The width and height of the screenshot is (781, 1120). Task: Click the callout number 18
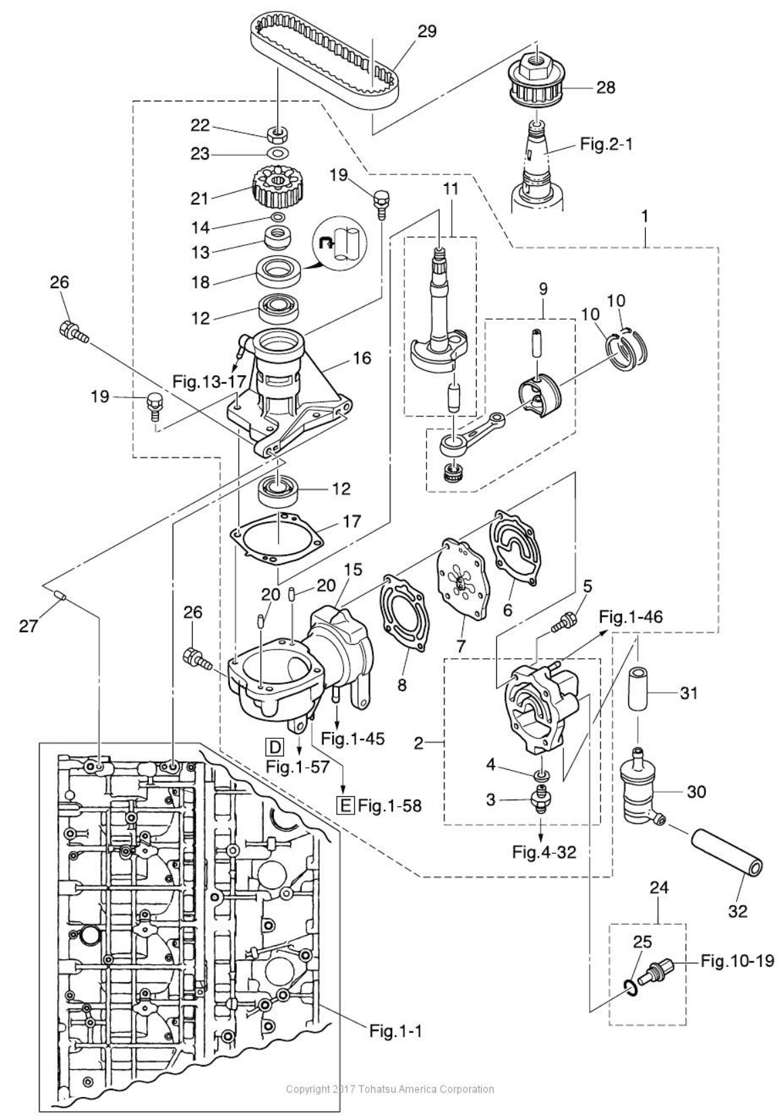tap(200, 283)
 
